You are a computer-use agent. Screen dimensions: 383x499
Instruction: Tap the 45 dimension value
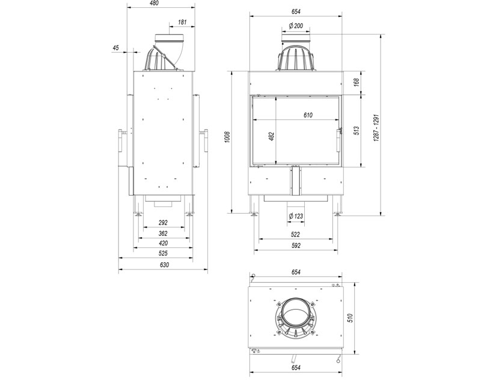click(115, 47)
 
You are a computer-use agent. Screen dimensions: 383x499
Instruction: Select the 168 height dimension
click(357, 82)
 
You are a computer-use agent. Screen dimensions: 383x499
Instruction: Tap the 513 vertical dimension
click(357, 130)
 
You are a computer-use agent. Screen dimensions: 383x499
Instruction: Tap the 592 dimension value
click(295, 245)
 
